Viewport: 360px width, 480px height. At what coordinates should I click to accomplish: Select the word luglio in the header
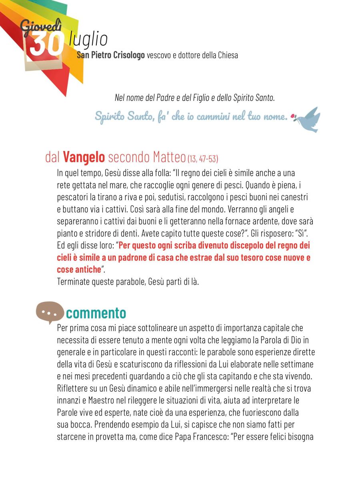point(88,39)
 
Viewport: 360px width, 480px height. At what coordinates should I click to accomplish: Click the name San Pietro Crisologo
point(113,55)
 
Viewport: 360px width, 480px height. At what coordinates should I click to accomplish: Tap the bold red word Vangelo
point(84,157)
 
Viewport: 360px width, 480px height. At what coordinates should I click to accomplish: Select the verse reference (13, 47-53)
point(203,159)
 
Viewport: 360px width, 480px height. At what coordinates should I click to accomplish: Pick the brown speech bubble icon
point(50,313)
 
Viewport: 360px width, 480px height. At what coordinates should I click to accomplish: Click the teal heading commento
point(96,313)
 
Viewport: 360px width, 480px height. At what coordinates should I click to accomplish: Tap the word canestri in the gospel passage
point(296,197)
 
